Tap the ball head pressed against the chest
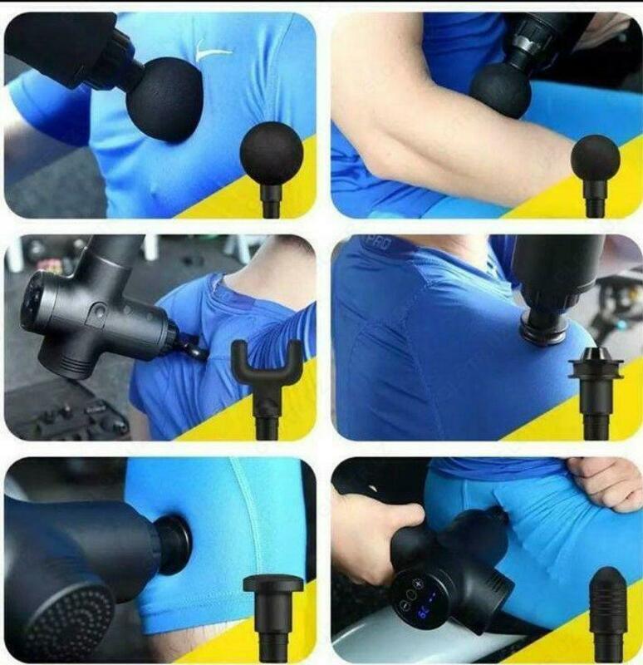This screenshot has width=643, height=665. pos(164,99)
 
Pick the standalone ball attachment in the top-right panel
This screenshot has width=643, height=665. pos(595,158)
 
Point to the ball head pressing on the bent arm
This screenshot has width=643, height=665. pos(500,89)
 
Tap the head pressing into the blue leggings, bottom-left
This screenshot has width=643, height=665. pos(174,544)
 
